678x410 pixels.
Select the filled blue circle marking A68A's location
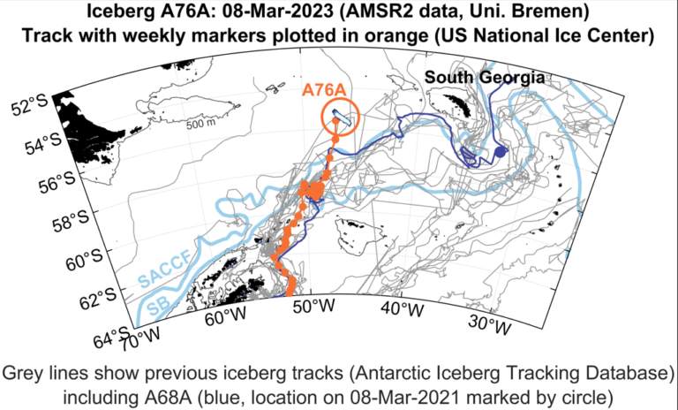(500, 153)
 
